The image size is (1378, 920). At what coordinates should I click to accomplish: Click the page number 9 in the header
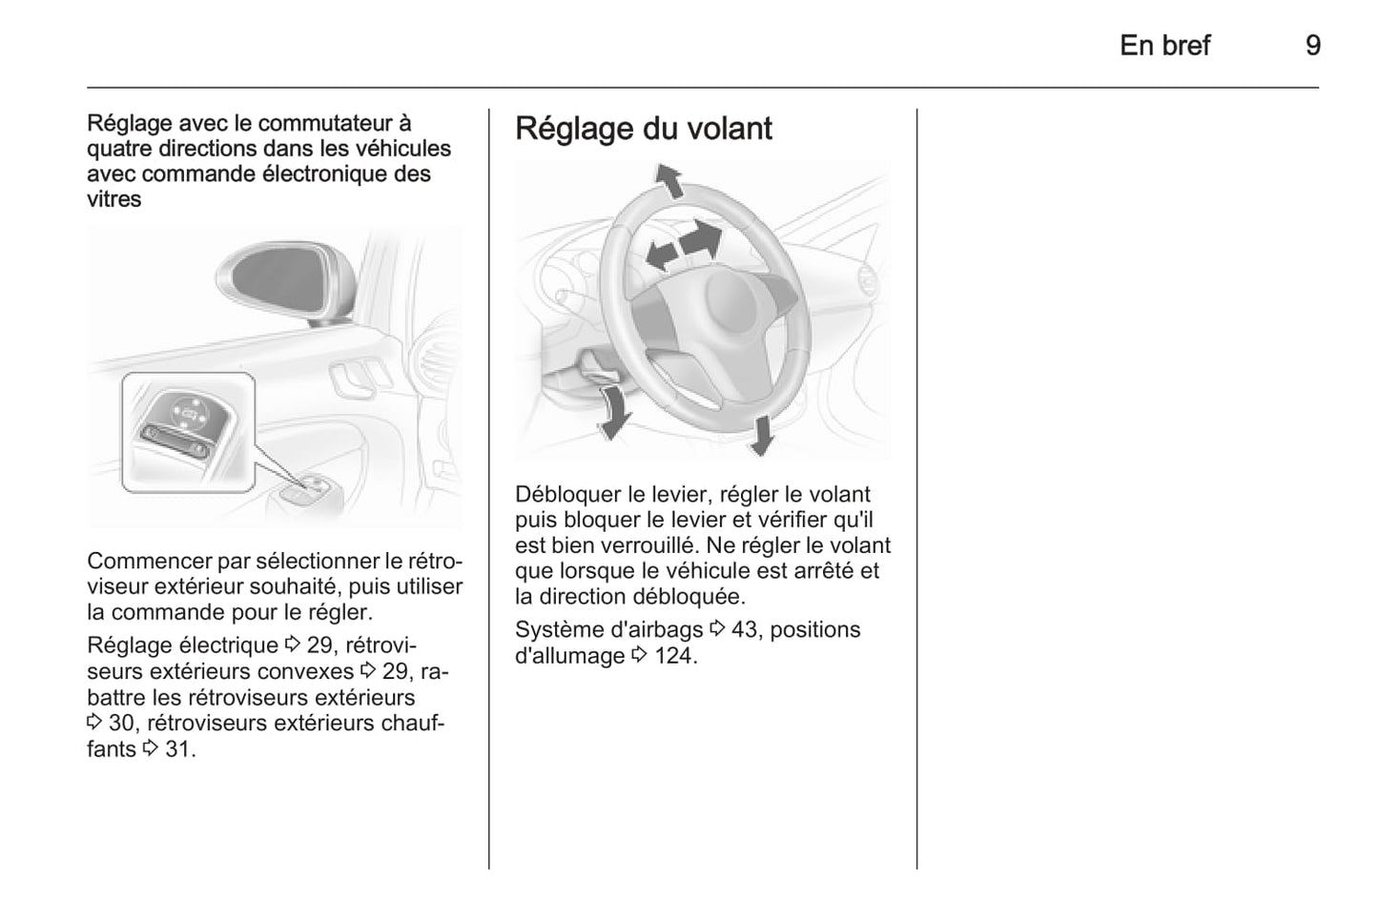[x=1313, y=46]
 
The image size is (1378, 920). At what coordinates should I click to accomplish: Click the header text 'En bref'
[x=1164, y=46]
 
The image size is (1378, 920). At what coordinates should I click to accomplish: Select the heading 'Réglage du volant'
[x=644, y=129]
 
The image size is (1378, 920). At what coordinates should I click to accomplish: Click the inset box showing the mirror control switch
[x=188, y=432]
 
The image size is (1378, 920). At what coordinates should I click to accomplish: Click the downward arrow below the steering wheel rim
[x=763, y=436]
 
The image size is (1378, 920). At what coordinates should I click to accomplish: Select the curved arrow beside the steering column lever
[x=613, y=412]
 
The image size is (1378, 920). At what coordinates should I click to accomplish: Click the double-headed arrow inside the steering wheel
[x=684, y=246]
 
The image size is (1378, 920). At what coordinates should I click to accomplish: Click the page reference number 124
[x=675, y=656]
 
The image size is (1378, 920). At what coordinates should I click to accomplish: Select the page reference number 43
[x=744, y=630]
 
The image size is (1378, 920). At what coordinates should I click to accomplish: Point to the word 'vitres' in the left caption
[x=113, y=199]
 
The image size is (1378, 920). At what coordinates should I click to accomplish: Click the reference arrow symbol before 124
[x=640, y=655]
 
